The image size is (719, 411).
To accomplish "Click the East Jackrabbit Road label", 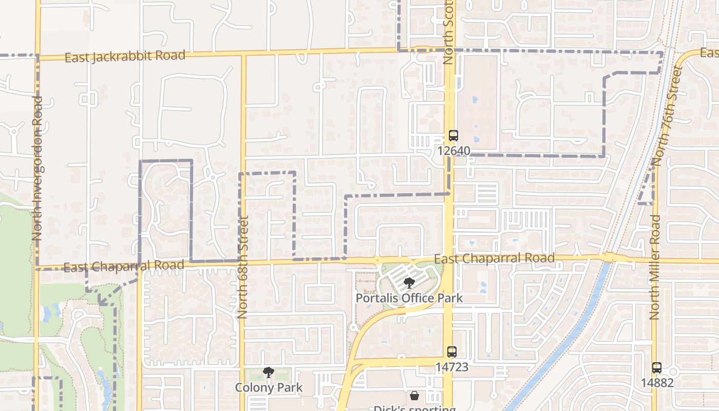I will click(125, 56).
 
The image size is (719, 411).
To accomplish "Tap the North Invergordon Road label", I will click(37, 169).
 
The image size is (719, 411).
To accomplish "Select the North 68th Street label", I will click(243, 267).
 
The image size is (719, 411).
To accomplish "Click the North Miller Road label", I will click(654, 267).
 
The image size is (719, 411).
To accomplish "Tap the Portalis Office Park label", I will click(409, 298).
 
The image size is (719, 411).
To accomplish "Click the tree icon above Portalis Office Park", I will click(409, 283).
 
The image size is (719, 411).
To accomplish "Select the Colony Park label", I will click(268, 387).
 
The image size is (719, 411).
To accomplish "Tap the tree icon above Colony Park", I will click(268, 372).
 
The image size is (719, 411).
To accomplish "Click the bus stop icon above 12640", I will click(453, 136).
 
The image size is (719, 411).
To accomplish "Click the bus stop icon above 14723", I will click(452, 352).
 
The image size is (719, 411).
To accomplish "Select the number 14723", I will click(452, 367).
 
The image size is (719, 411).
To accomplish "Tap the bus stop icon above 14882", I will click(657, 368).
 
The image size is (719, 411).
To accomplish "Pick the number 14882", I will click(657, 383).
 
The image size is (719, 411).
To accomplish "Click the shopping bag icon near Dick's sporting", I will click(414, 396).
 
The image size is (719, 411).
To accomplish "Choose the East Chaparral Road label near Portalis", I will click(494, 258).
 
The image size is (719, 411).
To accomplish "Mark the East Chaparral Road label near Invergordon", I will click(123, 266).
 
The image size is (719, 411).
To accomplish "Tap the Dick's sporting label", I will click(414, 408).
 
